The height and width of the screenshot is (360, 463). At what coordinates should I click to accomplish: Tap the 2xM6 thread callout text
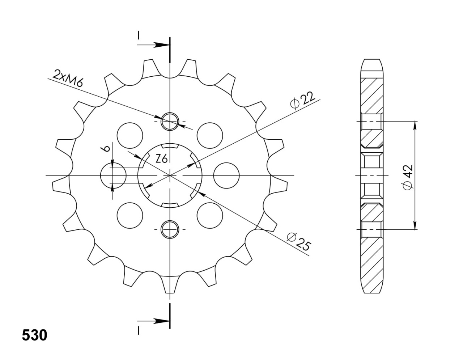coord(68,78)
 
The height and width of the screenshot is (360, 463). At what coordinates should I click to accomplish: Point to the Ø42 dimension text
coord(408,177)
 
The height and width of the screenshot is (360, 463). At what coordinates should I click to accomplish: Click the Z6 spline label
coord(162,159)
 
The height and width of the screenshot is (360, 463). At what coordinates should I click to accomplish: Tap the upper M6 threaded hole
coord(170,122)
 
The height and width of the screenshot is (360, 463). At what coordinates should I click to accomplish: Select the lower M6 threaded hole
coord(170,229)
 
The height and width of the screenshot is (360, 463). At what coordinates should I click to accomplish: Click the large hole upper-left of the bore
coord(130,135)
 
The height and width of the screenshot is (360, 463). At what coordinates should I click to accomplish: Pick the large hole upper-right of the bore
coord(210,135)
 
